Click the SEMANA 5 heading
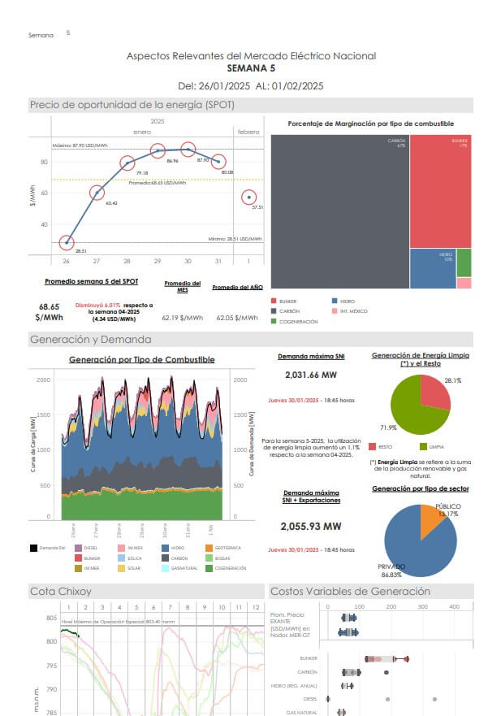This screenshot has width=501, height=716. [x=251, y=68]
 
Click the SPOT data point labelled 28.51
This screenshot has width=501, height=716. [x=67, y=242]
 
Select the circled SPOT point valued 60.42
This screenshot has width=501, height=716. [x=97, y=193]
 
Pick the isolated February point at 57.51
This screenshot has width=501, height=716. [x=249, y=197]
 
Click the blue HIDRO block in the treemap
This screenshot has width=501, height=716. [x=432, y=268]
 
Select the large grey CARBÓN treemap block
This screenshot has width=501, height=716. [x=339, y=211]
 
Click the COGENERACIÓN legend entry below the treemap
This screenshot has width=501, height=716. [x=296, y=322]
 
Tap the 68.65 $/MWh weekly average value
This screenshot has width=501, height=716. [x=50, y=313]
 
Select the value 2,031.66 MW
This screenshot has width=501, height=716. [x=312, y=375]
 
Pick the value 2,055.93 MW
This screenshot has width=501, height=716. [x=312, y=526]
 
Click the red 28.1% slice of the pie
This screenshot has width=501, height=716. [x=434, y=393]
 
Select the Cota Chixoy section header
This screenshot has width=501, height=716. [x=61, y=591]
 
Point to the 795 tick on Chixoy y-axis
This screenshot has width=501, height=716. [x=52, y=666]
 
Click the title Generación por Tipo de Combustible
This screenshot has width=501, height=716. [x=141, y=359]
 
